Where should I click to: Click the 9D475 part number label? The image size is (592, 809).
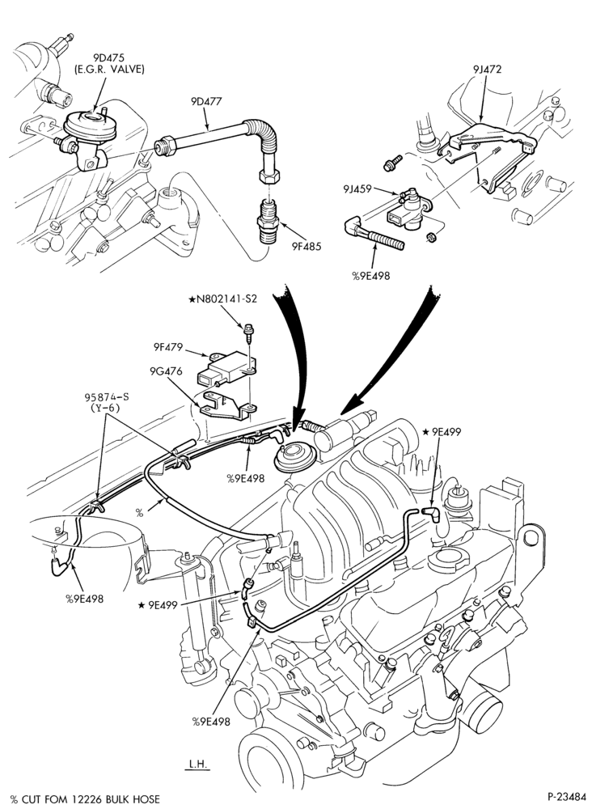click(108, 57)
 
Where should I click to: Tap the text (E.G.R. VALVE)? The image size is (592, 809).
click(108, 69)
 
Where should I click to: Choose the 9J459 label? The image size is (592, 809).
click(357, 189)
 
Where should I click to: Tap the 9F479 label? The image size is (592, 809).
click(167, 347)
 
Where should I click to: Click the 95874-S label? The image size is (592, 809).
click(106, 396)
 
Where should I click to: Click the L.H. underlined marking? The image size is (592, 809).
click(198, 765)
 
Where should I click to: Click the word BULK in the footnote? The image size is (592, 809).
click(119, 799)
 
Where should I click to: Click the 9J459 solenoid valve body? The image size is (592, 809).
click(408, 211)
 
